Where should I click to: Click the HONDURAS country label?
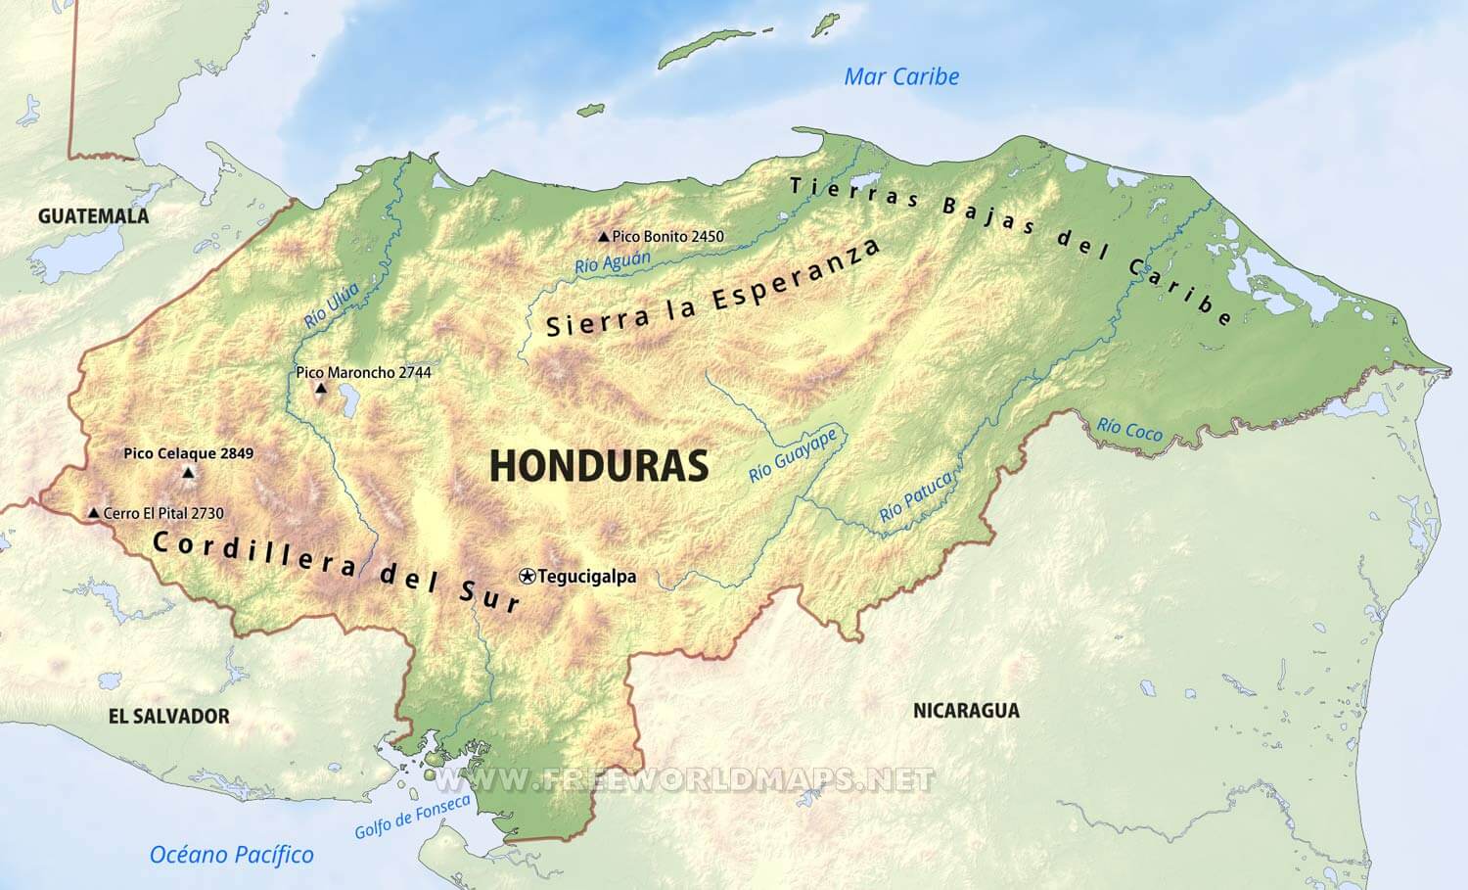pyautogui.click(x=598, y=466)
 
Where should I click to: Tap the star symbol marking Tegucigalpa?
pyautogui.click(x=528, y=577)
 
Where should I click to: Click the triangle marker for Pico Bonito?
pyautogui.click(x=604, y=237)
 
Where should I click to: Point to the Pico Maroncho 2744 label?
pyautogui.click(x=363, y=372)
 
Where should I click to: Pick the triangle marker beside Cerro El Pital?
pyautogui.click(x=93, y=513)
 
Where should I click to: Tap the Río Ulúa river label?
pyautogui.click(x=331, y=304)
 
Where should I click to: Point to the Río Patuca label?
pyautogui.click(x=915, y=496)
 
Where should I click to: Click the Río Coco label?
pyautogui.click(x=1129, y=428)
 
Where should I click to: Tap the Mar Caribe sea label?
pyautogui.click(x=901, y=76)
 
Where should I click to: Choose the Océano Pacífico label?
pyautogui.click(x=232, y=855)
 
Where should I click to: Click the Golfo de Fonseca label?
pyautogui.click(x=412, y=816)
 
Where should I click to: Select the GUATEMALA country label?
pyautogui.click(x=93, y=216)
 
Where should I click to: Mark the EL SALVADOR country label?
pyautogui.click(x=168, y=716)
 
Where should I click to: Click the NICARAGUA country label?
pyautogui.click(x=966, y=710)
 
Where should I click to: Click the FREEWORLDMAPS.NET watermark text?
pyautogui.click(x=685, y=779)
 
